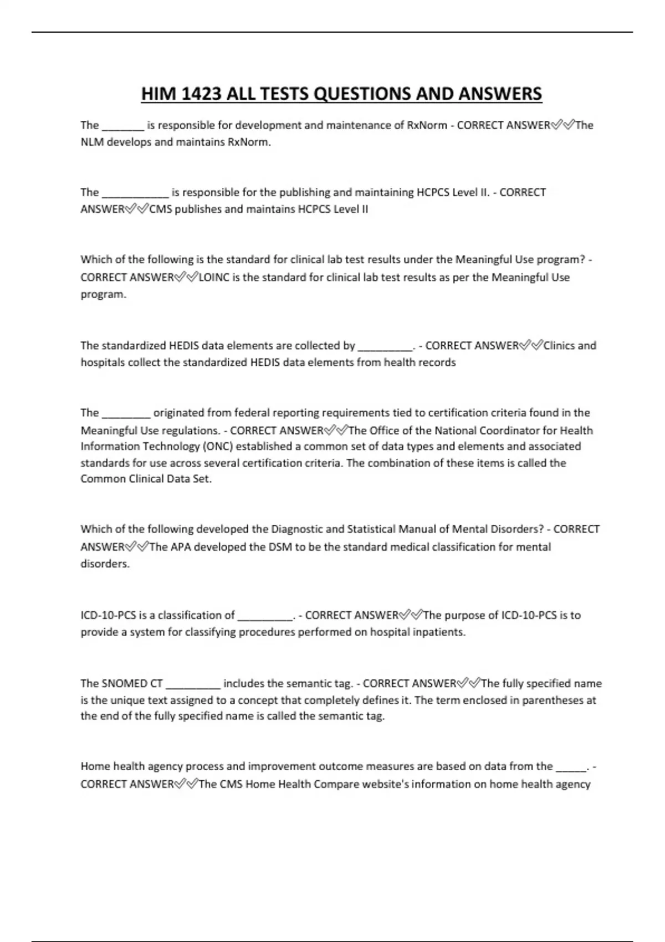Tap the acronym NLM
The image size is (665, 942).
(x=92, y=142)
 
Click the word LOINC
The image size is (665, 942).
(x=213, y=277)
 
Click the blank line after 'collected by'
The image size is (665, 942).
(x=385, y=348)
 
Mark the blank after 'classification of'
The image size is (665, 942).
(x=264, y=617)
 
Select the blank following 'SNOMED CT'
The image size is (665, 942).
(x=193, y=685)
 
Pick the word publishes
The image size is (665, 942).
(x=198, y=209)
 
